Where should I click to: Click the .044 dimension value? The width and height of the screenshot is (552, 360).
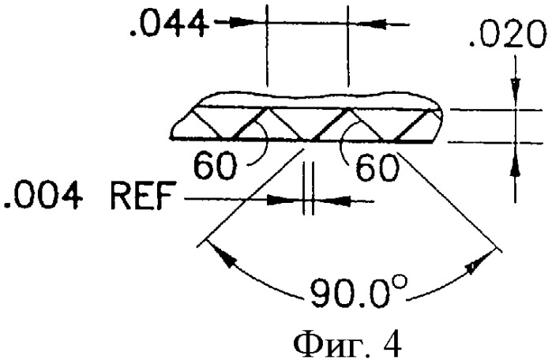(168, 23)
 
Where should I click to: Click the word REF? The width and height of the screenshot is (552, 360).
(142, 196)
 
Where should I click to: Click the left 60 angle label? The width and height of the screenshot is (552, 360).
(215, 167)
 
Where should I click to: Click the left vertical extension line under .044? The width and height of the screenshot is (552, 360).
(267, 45)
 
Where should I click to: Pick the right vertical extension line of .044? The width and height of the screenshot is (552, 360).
(347, 46)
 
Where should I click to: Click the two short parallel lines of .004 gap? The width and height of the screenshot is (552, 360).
(308, 188)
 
